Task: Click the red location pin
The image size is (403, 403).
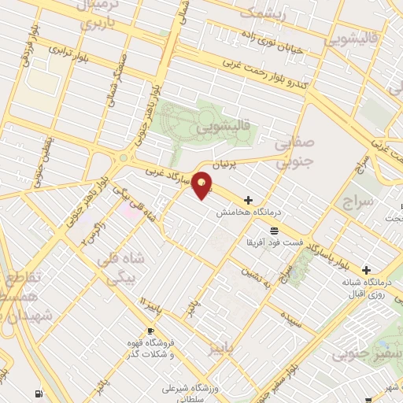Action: pos(202,184)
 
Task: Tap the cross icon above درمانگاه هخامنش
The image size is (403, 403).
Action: pos(250,200)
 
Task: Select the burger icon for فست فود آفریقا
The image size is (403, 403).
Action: pos(273,231)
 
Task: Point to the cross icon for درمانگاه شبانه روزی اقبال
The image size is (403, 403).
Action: pos(366,270)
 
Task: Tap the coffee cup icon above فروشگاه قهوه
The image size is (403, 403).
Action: pos(150,331)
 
